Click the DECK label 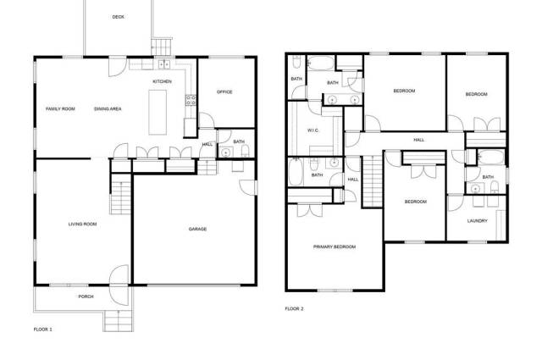tap(119, 17)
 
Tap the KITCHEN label tap(162, 81)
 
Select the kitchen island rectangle tap(158, 113)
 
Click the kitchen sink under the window tap(163, 64)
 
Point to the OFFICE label tap(224, 92)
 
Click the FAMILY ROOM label tap(60, 109)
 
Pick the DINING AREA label tap(108, 109)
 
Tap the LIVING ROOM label tap(83, 224)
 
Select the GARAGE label tap(197, 229)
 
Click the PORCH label tap(86, 296)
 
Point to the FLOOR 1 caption tap(43, 330)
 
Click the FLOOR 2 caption tap(294, 309)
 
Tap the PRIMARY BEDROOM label tap(335, 246)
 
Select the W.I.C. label tap(312, 130)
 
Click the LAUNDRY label tap(478, 221)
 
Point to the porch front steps tap(119, 321)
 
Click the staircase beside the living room tap(120, 195)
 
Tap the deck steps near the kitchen tap(162, 47)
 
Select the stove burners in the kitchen tap(191, 100)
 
